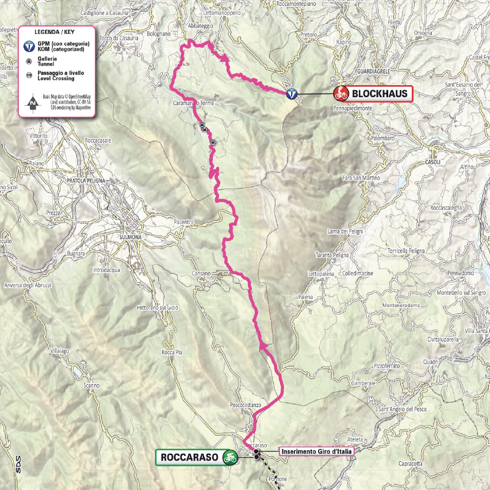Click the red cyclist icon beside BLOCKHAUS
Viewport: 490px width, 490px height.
click(340, 93)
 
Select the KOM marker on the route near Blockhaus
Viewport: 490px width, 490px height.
click(293, 94)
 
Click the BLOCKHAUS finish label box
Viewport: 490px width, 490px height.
click(380, 93)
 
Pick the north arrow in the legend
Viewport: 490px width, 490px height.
click(33, 104)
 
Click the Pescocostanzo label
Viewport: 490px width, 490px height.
click(246, 405)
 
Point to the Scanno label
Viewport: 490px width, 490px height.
click(91, 385)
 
